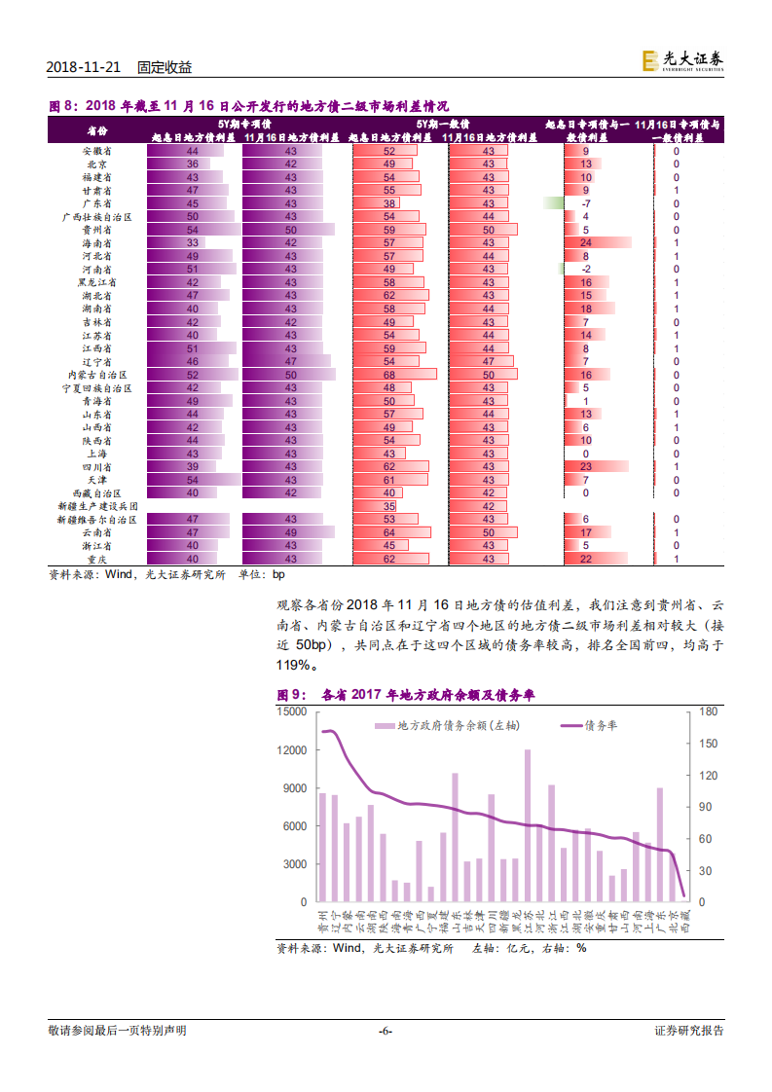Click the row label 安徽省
click(x=96, y=152)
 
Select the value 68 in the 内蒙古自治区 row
click(x=389, y=375)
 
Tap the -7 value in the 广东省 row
click(x=586, y=204)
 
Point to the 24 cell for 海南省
click(x=586, y=243)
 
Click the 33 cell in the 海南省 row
click(x=193, y=243)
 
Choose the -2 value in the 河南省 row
click(x=586, y=270)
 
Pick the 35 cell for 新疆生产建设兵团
click(x=389, y=506)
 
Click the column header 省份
click(x=96, y=130)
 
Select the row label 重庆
click(x=96, y=559)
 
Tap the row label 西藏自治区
click(x=96, y=493)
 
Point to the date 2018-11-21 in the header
click(x=84, y=67)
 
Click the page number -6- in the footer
click(x=385, y=1031)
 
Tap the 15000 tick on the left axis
click(x=293, y=711)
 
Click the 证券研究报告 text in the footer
click(x=688, y=1031)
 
